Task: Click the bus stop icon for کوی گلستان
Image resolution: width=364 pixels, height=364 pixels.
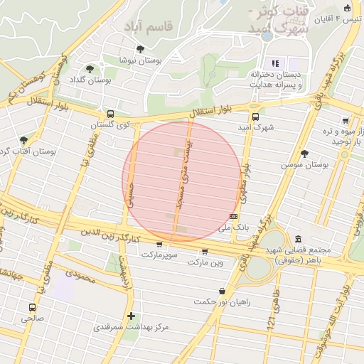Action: click(x=110, y=114)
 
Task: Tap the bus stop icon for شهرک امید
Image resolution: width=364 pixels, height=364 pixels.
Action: click(x=255, y=117)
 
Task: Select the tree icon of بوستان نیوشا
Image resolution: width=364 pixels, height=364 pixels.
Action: click(x=140, y=49)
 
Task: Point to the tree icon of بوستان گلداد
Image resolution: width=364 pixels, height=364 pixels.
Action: click(x=90, y=69)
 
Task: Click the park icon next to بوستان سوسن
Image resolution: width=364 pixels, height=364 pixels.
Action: click(x=305, y=154)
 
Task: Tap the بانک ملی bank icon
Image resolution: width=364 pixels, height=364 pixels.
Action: click(x=233, y=216)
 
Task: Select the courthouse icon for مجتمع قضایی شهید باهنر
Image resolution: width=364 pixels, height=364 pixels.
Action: click(x=297, y=239)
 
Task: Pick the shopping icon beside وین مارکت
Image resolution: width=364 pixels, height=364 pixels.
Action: click(x=205, y=251)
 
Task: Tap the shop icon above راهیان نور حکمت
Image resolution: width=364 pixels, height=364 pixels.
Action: click(x=223, y=290)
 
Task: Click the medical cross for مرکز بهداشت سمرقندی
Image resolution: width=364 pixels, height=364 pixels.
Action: click(x=131, y=316)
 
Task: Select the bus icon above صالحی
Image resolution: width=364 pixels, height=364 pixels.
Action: click(x=32, y=307)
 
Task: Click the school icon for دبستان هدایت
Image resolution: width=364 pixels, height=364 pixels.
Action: click(x=274, y=63)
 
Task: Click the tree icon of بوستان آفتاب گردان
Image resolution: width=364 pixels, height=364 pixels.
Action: click(x=24, y=140)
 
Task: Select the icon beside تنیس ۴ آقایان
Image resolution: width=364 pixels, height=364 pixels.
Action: click(x=347, y=9)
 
